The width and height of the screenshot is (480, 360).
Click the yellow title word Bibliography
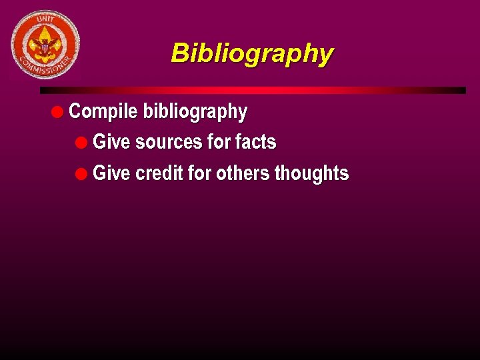(252, 53)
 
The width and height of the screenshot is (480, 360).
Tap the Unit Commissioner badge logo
(45, 45)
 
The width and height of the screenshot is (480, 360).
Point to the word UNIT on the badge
(45, 21)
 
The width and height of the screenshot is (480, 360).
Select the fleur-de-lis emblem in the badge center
(45, 44)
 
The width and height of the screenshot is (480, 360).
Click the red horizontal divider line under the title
(253, 90)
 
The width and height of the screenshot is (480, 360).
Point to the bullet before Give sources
(81, 143)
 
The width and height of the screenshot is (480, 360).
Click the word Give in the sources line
(111, 142)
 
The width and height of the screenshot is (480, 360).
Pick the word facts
(255, 142)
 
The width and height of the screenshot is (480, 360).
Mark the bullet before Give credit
(81, 174)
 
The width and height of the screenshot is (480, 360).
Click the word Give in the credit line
(111, 173)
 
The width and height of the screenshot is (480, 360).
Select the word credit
(159, 173)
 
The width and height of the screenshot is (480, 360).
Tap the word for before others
(199, 173)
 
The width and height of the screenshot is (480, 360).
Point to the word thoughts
(311, 173)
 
